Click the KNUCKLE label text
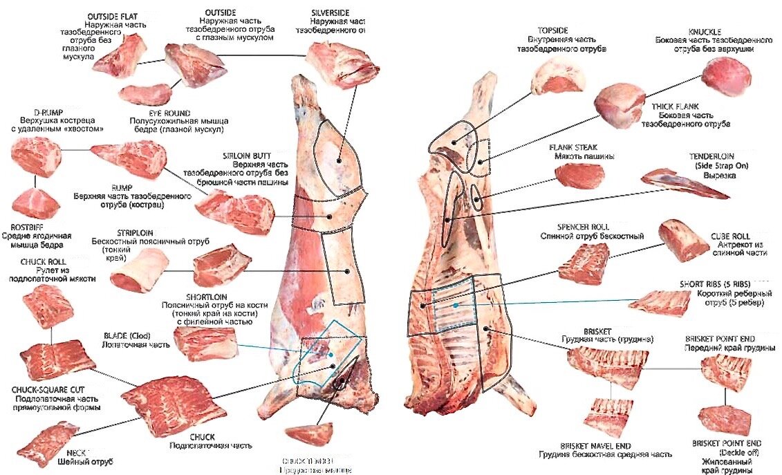tap(705, 32)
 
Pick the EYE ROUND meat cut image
tap(145, 93)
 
